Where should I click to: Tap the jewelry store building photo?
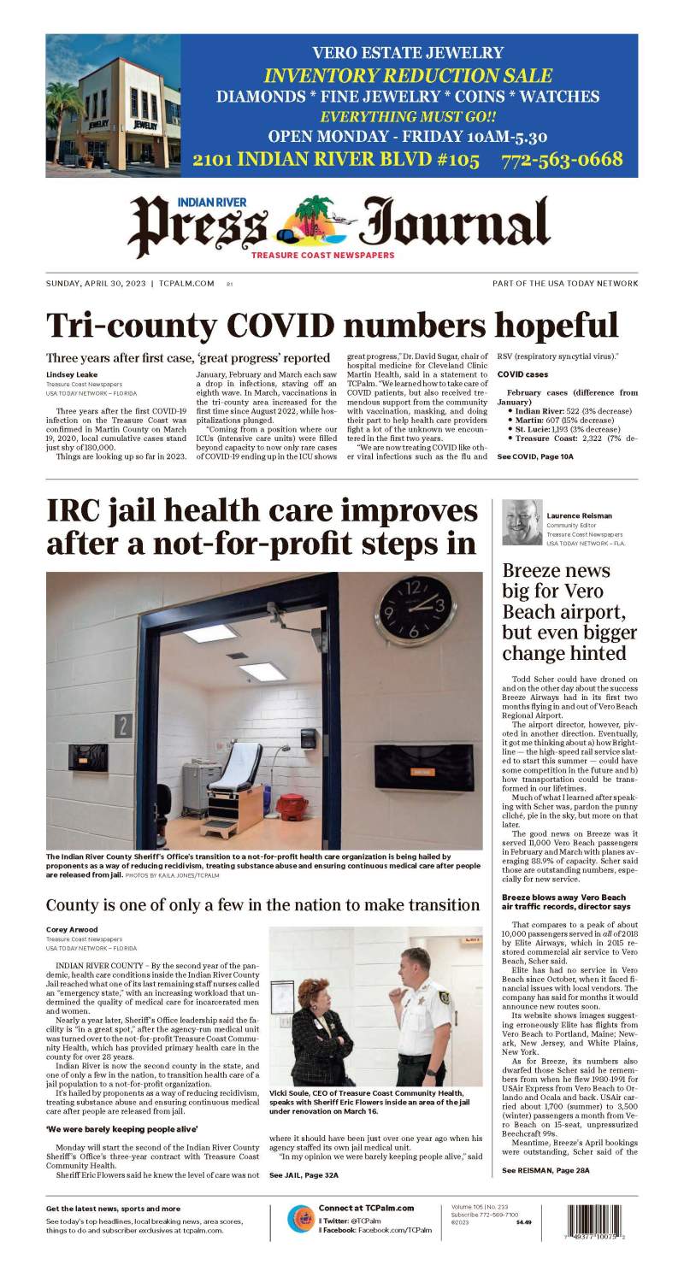click(x=113, y=107)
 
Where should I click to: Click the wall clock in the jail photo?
click(x=414, y=608)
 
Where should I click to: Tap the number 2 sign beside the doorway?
click(x=122, y=726)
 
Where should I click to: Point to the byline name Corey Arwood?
click(x=71, y=929)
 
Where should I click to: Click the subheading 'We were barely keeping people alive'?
click(x=104, y=1129)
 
